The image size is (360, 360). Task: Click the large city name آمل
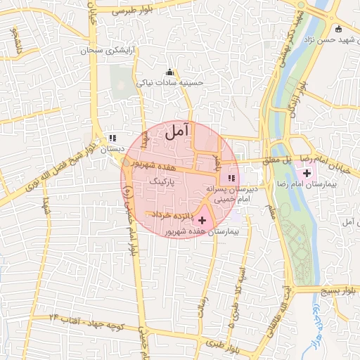click(x=178, y=130)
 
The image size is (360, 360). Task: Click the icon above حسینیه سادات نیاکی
click(x=169, y=72)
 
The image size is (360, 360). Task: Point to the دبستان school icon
click(x=112, y=138)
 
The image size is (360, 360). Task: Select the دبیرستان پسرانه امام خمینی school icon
click(x=232, y=177)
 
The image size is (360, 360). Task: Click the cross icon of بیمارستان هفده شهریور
click(x=203, y=221)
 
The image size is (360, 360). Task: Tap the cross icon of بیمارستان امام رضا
click(x=307, y=173)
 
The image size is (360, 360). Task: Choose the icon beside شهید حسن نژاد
click(x=339, y=29)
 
